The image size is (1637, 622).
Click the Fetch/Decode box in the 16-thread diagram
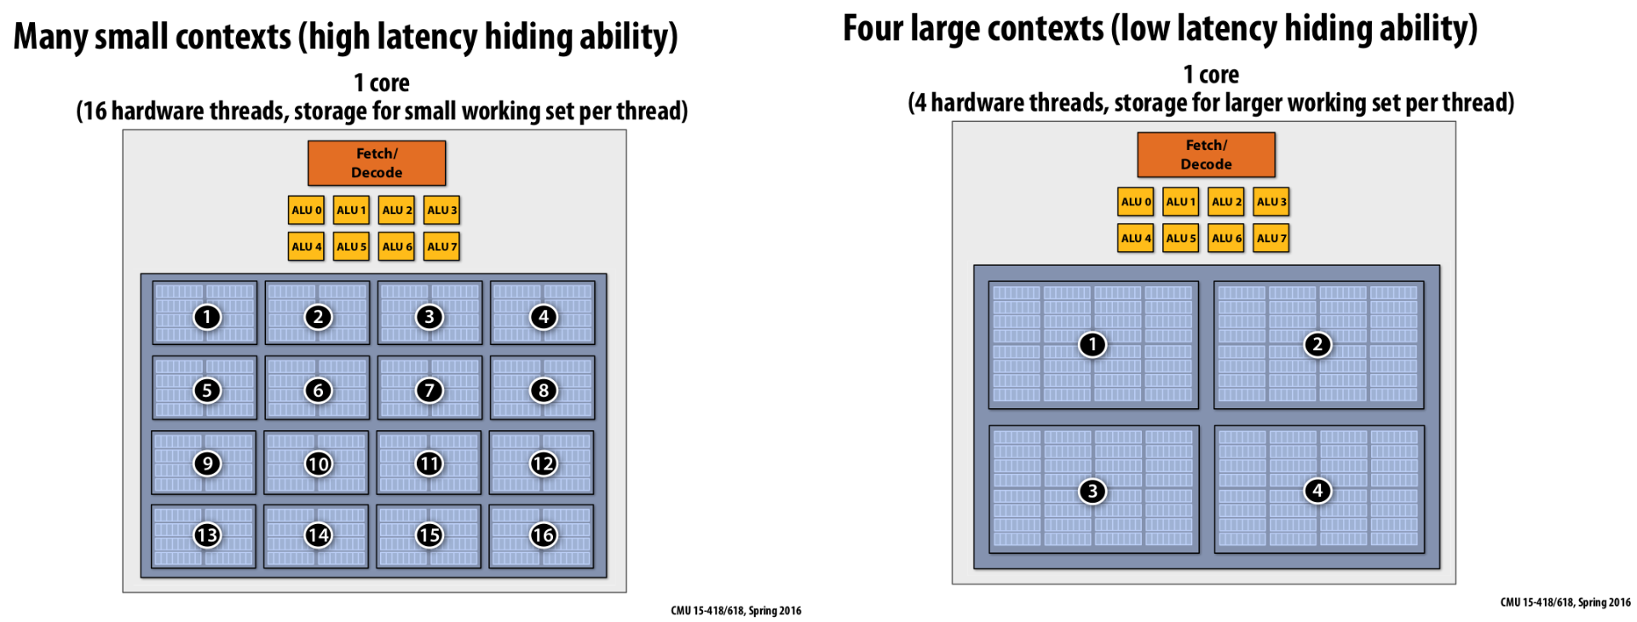click(x=377, y=163)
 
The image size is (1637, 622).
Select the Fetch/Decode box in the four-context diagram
click(x=1206, y=154)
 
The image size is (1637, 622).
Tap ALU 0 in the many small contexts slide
click(x=306, y=210)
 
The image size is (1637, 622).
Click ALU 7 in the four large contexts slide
click(x=1271, y=239)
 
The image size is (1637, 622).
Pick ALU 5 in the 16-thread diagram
click(x=351, y=246)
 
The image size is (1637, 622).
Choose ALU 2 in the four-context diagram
click(x=1226, y=202)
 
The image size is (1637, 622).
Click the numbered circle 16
click(x=543, y=535)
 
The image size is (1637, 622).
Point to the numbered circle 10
click(x=318, y=464)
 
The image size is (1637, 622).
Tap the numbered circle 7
click(x=429, y=390)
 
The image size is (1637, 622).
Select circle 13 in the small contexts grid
click(x=206, y=535)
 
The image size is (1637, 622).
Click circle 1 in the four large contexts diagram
click(x=1092, y=345)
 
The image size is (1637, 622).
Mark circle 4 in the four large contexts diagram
click(x=1317, y=491)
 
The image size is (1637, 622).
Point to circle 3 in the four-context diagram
click(x=1092, y=491)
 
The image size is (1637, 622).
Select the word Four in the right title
click(x=873, y=28)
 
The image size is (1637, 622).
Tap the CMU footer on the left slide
click(x=735, y=610)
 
